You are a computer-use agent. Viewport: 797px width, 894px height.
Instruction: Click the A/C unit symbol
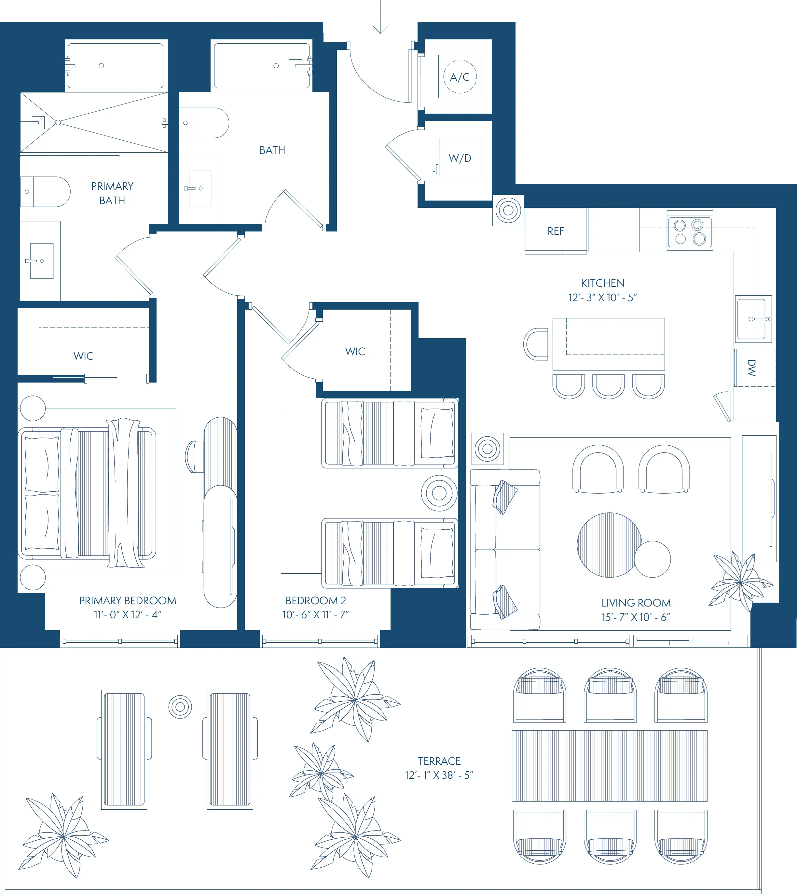pyautogui.click(x=460, y=77)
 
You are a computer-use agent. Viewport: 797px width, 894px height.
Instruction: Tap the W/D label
pyautogui.click(x=460, y=158)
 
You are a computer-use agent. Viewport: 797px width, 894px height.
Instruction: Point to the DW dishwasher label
pyautogui.click(x=751, y=368)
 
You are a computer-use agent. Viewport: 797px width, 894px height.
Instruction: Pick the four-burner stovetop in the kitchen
pyautogui.click(x=690, y=231)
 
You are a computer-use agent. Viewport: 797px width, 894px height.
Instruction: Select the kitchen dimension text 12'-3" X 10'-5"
pyautogui.click(x=603, y=298)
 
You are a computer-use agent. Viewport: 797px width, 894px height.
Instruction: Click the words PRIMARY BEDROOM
pyautogui.click(x=128, y=601)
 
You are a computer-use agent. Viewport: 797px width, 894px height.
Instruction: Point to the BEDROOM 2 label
pyautogui.click(x=316, y=601)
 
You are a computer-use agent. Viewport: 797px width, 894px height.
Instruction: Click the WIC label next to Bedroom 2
pyautogui.click(x=355, y=352)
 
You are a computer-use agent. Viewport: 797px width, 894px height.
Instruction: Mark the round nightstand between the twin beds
pyautogui.click(x=439, y=493)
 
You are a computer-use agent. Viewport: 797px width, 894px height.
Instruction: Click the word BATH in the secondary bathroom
pyautogui.click(x=272, y=150)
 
